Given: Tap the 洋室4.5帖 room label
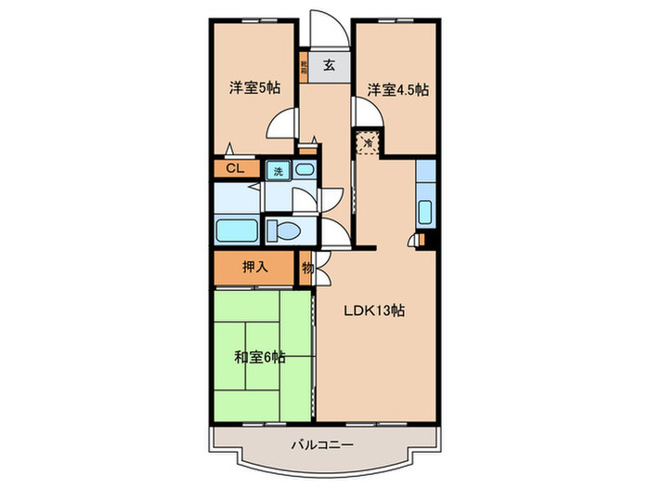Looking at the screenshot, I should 396,90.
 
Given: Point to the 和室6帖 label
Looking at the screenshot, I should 259,357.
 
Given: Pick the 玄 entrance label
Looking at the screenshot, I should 330,65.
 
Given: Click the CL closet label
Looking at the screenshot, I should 236,169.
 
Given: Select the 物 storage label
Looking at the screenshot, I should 306,268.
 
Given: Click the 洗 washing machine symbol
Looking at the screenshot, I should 277,171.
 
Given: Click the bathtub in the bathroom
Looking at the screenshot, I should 236,230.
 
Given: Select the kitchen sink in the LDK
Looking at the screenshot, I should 424,211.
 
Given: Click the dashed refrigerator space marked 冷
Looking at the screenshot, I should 369,143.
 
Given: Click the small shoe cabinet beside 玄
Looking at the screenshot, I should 304,67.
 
